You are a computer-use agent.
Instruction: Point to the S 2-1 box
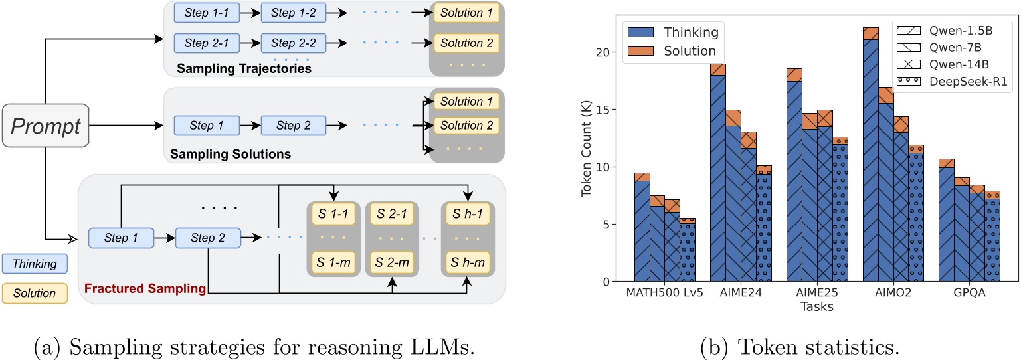391,213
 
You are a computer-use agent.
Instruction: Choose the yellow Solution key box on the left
35,293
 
